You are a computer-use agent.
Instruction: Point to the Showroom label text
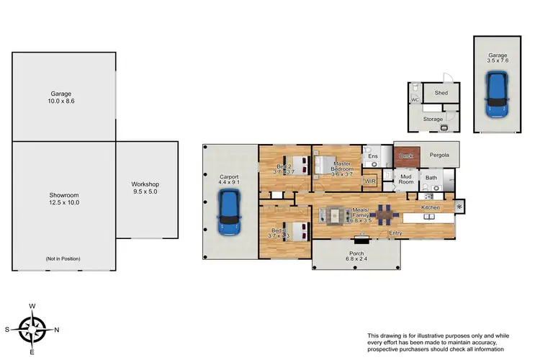[x=64, y=199]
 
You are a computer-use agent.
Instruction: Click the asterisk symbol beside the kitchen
[x=459, y=207]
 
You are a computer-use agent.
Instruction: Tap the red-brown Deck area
[x=405, y=156]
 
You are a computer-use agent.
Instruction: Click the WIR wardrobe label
[x=371, y=181]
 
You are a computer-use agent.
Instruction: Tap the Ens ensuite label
[x=372, y=156]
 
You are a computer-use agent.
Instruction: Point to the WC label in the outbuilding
[x=415, y=100]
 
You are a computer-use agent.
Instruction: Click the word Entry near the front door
[x=395, y=233]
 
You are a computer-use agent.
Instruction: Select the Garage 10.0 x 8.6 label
[x=64, y=98]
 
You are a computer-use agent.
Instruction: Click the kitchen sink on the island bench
[x=431, y=216]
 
